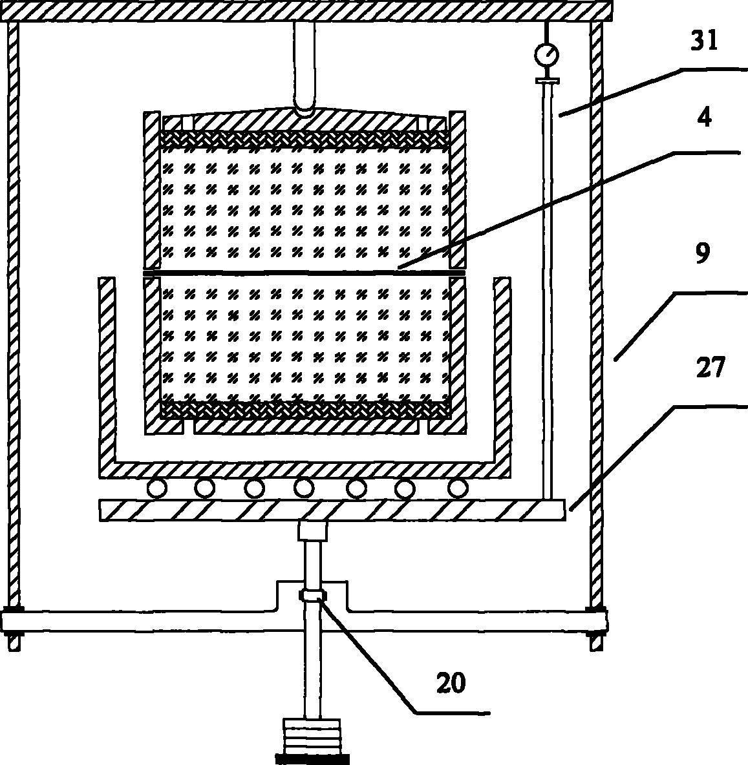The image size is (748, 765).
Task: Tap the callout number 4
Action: click(x=704, y=118)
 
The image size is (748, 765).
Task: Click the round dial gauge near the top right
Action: click(x=546, y=54)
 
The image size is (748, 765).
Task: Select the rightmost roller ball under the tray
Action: click(x=458, y=488)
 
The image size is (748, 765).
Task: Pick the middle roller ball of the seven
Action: click(x=304, y=488)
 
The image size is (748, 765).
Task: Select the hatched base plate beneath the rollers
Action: click(x=332, y=510)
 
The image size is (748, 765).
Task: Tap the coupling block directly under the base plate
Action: click(x=313, y=532)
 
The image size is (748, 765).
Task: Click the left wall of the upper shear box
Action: click(x=151, y=191)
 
